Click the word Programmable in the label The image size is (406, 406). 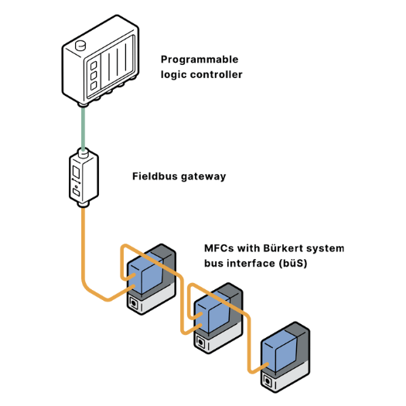[x=200, y=60]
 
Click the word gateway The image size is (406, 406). [x=203, y=176]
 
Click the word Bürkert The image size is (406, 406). [x=285, y=249]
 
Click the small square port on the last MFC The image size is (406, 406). [x=268, y=380]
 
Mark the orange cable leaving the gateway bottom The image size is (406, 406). [x=82, y=247]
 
